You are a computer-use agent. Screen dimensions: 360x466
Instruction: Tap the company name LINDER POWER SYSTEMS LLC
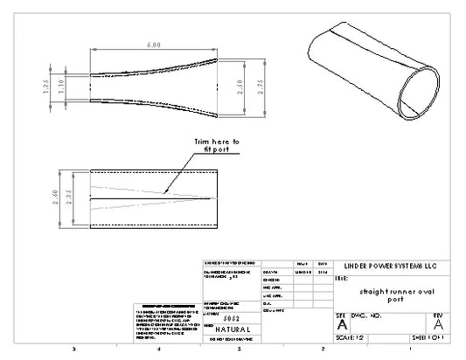pyautogui.click(x=391, y=266)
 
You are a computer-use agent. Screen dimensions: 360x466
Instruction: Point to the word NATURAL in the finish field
pyautogui.click(x=231, y=329)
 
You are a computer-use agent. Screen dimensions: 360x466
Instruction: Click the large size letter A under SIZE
pyautogui.click(x=342, y=323)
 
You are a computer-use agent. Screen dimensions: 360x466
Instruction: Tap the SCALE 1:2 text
pyautogui.click(x=351, y=336)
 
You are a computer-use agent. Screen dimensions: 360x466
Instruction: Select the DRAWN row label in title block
pyautogui.click(x=270, y=272)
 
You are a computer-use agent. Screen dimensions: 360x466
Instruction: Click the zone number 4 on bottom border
pyautogui.click(x=159, y=348)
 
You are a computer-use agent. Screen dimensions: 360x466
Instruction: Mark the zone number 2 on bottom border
pyautogui.click(x=323, y=348)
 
